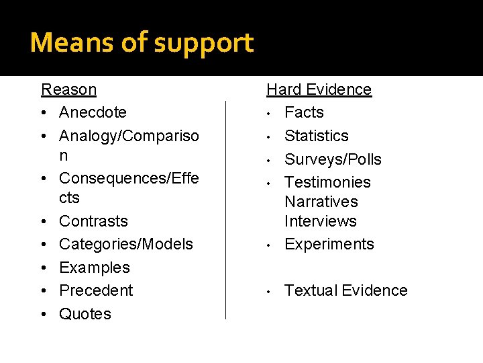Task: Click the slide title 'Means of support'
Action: pos(142,43)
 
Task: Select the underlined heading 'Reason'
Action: pos(68,89)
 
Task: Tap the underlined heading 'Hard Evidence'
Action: pos(319,89)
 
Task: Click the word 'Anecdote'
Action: pos(93,112)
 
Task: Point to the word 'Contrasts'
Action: pos(93,221)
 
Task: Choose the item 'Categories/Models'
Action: pos(125,244)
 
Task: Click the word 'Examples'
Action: pos(95,268)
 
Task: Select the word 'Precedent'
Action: pos(96,290)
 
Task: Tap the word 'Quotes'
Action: pos(85,314)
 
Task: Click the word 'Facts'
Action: pos(304,112)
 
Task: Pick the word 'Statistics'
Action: pos(317,136)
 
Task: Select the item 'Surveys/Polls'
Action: pos(333,159)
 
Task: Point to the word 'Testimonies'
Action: pos(327,182)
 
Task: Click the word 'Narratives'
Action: pos(321,202)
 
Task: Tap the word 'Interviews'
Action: pos(321,221)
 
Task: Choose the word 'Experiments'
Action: pos(329,244)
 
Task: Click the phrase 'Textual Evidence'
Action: pos(346,290)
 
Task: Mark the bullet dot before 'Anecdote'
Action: pos(44,112)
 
